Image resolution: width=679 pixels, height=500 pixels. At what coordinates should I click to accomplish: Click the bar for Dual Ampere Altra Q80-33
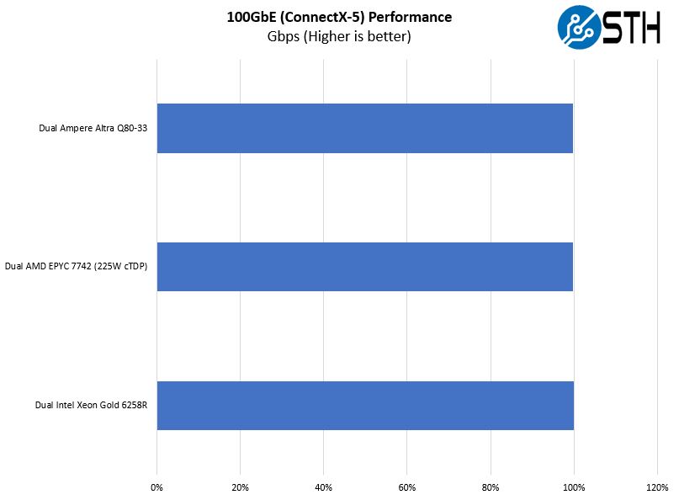(364, 128)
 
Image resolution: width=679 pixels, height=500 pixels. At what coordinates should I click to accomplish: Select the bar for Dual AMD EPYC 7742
(364, 267)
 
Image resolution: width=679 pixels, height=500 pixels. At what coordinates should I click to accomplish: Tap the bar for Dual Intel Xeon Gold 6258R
(364, 406)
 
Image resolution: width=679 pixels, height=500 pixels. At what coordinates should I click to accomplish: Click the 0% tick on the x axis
(156, 487)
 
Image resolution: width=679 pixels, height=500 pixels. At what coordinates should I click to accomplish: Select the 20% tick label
(240, 487)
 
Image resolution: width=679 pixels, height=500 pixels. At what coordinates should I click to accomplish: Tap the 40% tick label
(323, 487)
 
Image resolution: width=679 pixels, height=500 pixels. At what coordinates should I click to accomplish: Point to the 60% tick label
(406, 487)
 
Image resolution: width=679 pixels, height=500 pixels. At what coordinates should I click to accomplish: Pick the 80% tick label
(491, 487)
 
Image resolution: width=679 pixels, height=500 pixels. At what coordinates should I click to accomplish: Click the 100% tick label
(574, 487)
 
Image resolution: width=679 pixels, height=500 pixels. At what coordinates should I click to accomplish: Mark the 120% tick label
(657, 487)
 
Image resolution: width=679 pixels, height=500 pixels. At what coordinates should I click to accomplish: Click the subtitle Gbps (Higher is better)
(338, 36)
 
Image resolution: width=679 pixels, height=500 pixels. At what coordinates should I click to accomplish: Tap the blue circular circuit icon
(580, 28)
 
